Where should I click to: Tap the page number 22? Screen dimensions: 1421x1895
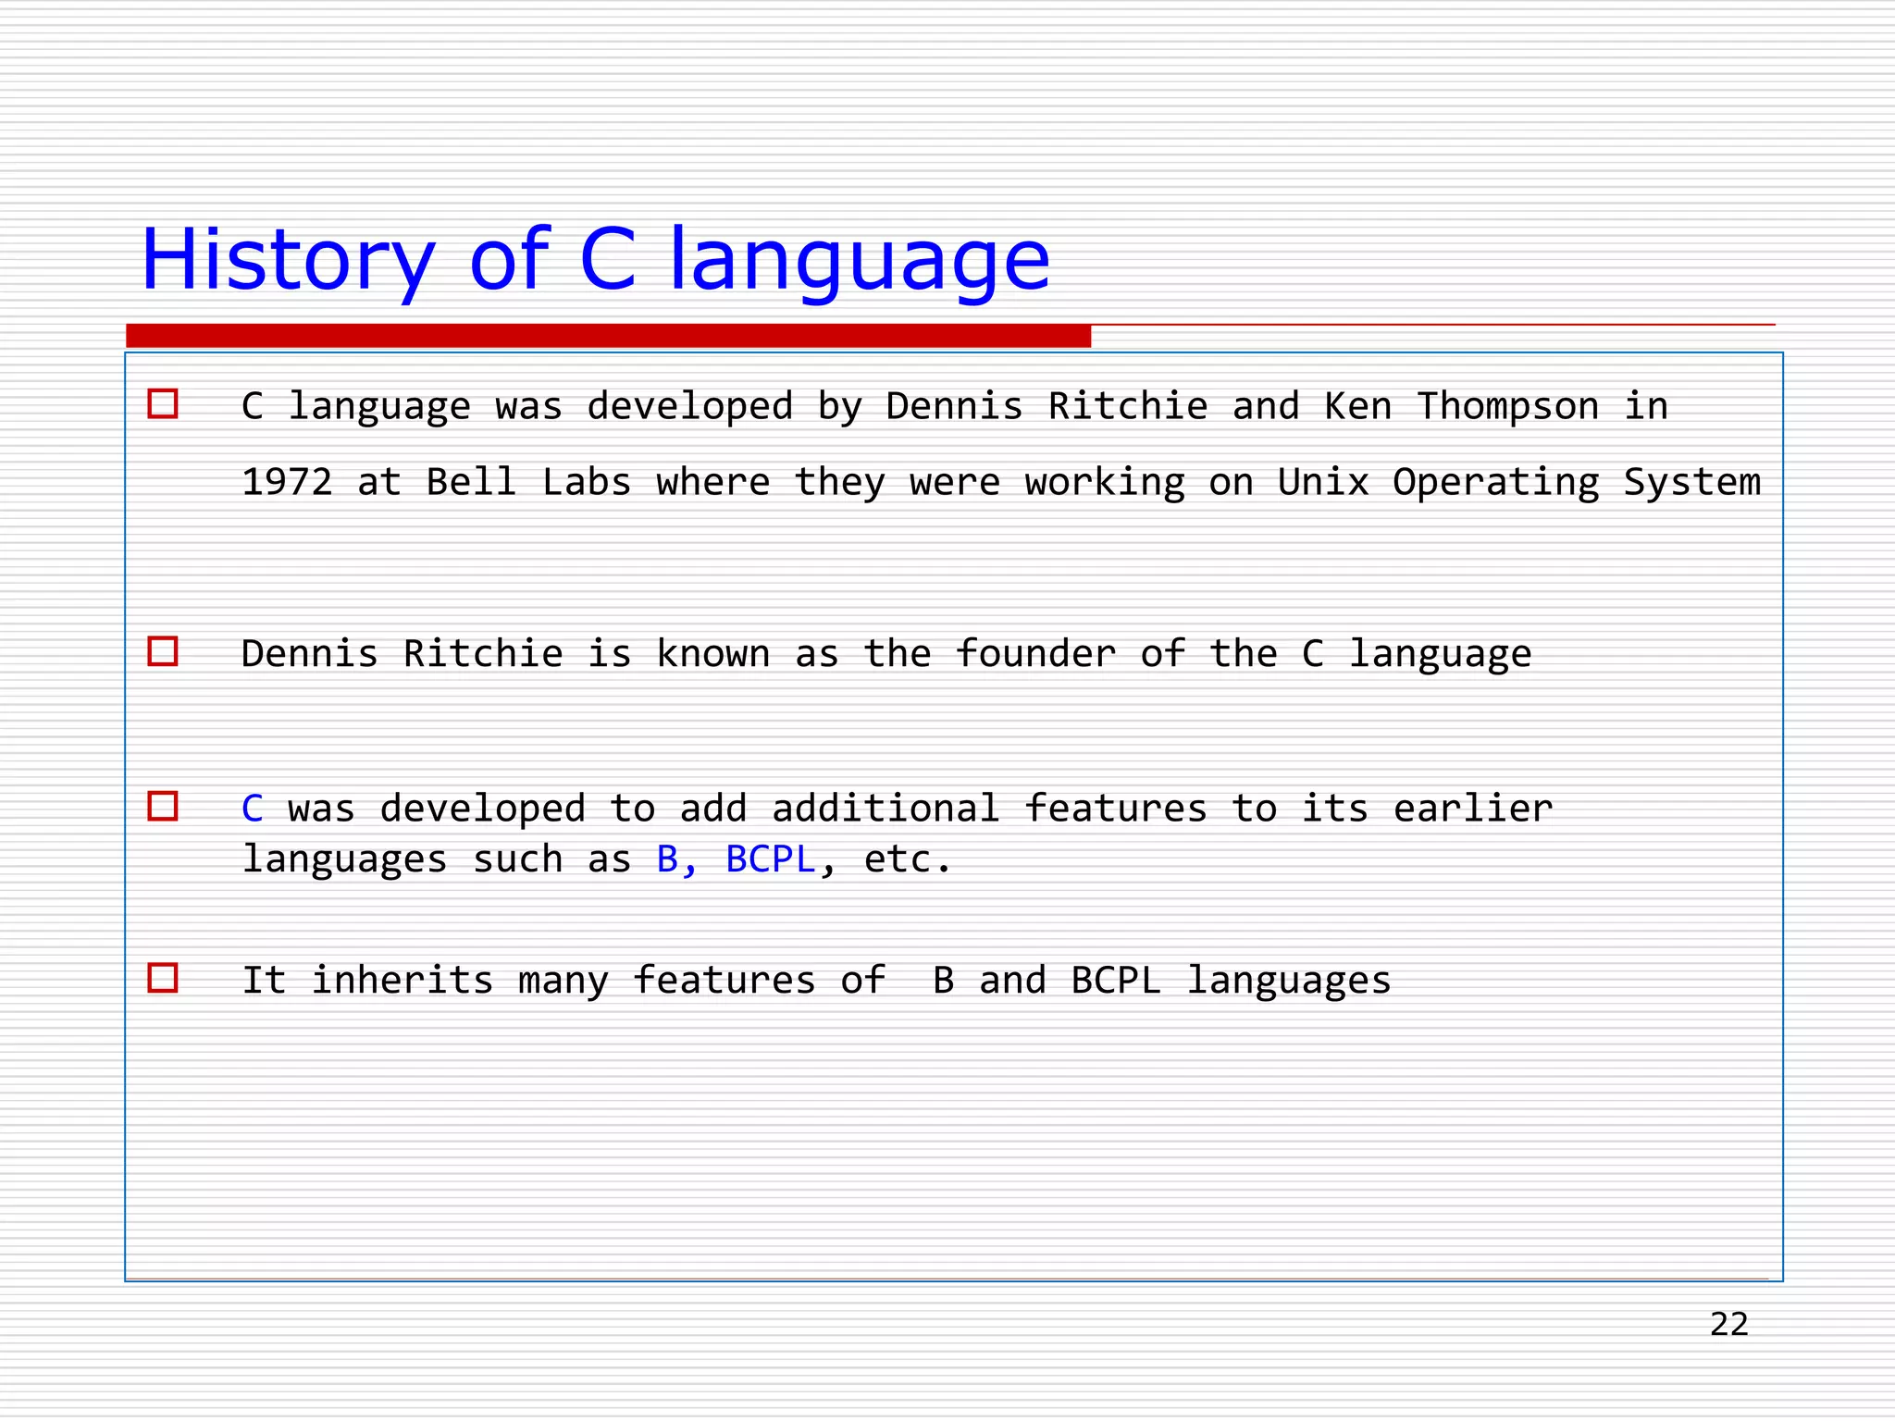point(1728,1324)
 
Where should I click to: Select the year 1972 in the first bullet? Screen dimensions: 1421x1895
point(287,482)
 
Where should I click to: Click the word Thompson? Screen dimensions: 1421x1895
point(1507,407)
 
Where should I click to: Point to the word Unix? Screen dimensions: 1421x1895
point(1322,482)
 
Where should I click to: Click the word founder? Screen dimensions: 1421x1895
point(1035,654)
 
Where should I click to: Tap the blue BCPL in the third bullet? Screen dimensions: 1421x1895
point(770,859)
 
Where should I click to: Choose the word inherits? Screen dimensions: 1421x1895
point(402,981)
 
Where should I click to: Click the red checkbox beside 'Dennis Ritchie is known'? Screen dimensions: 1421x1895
point(163,651)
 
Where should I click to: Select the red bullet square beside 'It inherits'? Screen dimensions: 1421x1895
point(163,978)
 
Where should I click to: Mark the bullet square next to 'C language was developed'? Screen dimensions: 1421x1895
point(163,404)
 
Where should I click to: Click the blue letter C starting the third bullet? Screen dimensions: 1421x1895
point(253,809)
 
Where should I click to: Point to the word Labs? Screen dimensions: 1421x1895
point(586,482)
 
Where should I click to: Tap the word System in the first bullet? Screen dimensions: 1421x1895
point(1691,482)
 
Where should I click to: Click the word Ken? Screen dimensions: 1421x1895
point(1357,407)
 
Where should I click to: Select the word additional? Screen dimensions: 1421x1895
point(886,809)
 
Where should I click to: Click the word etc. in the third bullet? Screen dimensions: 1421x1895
point(907,859)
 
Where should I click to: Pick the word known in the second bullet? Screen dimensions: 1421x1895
point(712,654)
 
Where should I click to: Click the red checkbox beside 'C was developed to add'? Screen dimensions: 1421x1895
point(163,806)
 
